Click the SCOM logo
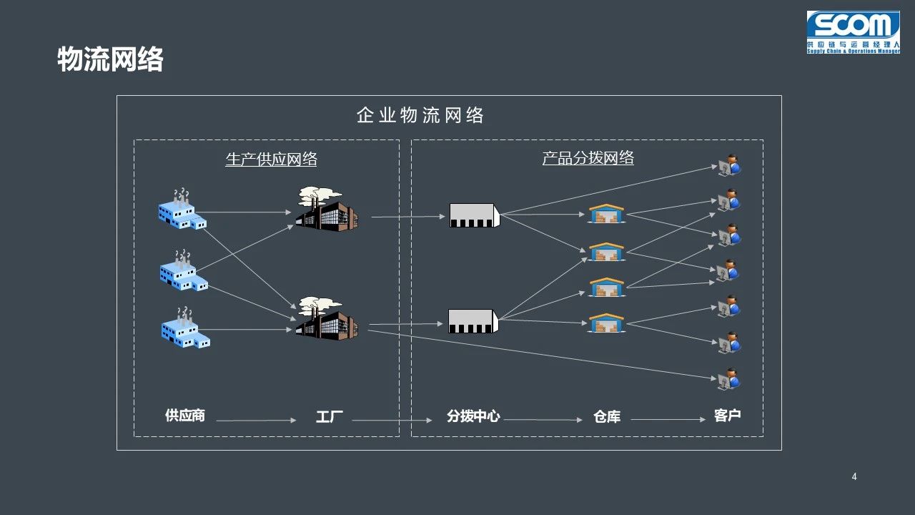click(853, 32)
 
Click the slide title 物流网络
click(110, 59)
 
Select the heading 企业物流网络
click(420, 115)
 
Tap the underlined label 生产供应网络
click(271, 159)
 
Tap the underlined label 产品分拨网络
click(588, 158)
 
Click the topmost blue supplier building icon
click(182, 210)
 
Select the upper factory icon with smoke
click(327, 209)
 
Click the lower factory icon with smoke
click(327, 319)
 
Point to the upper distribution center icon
click(474, 215)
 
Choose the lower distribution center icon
click(473, 321)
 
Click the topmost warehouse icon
click(606, 214)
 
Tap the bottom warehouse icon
click(606, 323)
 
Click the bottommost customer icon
click(729, 379)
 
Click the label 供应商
click(184, 416)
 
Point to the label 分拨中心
click(473, 416)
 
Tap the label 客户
click(727, 416)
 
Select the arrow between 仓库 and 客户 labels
click(668, 420)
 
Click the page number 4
click(854, 477)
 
